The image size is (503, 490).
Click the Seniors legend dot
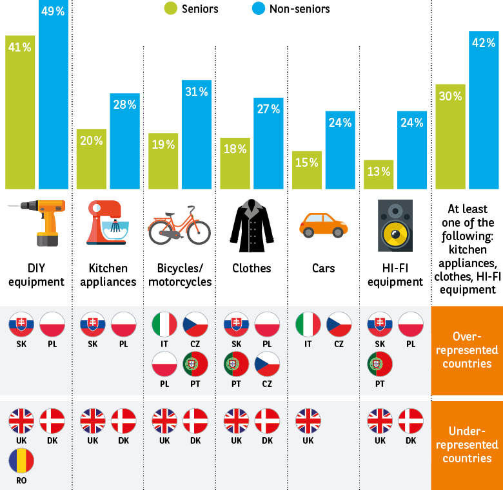point(170,8)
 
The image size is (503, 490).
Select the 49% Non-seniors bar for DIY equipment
point(54,97)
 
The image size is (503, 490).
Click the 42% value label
point(483,42)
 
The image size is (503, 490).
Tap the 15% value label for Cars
point(307,162)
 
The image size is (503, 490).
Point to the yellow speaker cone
point(395,231)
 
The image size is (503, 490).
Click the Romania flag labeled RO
point(21,461)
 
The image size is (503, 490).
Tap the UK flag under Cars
point(308,422)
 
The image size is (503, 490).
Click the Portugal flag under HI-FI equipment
point(380,365)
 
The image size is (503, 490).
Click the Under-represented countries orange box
point(467,444)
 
